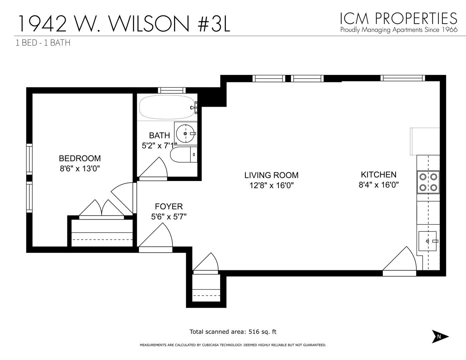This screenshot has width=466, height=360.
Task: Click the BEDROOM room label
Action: pyautogui.click(x=80, y=158)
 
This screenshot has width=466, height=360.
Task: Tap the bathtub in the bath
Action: pyautogui.click(x=167, y=107)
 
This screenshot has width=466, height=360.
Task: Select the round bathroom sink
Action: pyautogui.click(x=185, y=133)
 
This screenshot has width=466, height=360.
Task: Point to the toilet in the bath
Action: pyautogui.click(x=183, y=155)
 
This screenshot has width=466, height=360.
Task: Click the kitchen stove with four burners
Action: pyautogui.click(x=428, y=182)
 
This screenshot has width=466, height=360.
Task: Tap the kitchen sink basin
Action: pyautogui.click(x=427, y=241)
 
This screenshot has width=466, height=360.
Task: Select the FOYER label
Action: pyautogui.click(x=169, y=206)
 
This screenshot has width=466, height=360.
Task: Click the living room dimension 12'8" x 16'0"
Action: pyautogui.click(x=271, y=185)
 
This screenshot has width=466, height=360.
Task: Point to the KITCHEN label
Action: pyautogui.click(x=379, y=175)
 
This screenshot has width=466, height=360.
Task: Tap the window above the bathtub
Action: pyautogui.click(x=172, y=90)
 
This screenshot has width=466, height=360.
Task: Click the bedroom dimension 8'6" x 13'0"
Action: pyautogui.click(x=80, y=169)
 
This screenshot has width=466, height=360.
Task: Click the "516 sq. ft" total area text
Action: pyautogui.click(x=262, y=332)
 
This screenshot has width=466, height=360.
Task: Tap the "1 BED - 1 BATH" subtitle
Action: pyautogui.click(x=43, y=43)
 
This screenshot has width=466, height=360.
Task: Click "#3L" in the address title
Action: pyautogui.click(x=214, y=23)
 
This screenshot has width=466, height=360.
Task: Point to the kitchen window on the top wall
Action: pyautogui.click(x=403, y=78)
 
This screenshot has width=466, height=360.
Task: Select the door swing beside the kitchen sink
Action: pyautogui.click(x=400, y=260)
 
